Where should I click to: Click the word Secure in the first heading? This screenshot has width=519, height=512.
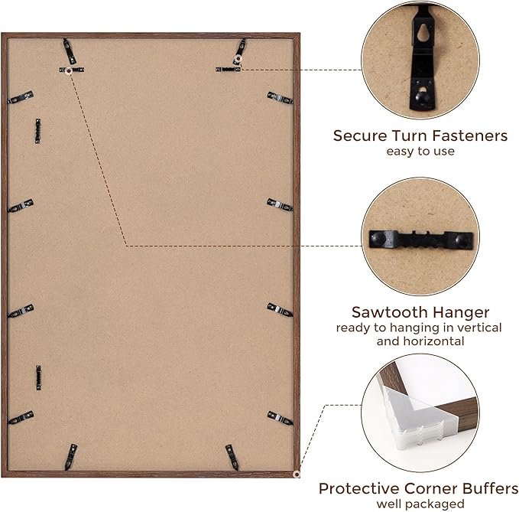[x=360, y=136]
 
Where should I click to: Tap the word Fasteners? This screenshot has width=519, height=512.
[x=469, y=136]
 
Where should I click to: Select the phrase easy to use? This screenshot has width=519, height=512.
[x=420, y=151]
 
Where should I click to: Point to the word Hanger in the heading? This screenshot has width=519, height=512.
[x=461, y=312]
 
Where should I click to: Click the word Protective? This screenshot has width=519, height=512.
[x=359, y=488]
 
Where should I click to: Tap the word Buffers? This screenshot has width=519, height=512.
[x=490, y=488]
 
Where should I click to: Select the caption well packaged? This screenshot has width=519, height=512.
[x=420, y=504]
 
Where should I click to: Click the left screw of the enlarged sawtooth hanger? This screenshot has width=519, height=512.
[x=378, y=237]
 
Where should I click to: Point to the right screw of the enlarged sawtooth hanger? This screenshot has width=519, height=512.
[x=462, y=240]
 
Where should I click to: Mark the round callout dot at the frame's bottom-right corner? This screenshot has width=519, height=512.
[x=297, y=474]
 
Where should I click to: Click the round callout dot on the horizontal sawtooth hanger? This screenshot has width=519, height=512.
[x=69, y=70]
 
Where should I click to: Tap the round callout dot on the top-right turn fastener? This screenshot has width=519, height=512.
[x=237, y=59]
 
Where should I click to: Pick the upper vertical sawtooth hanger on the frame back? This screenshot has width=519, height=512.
[x=38, y=131]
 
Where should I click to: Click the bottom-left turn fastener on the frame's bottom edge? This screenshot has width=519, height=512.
[x=70, y=457]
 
